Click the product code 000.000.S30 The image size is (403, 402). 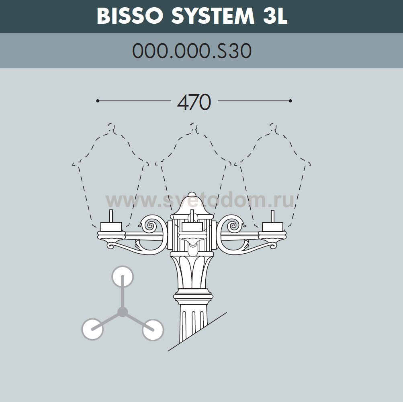coord(192,51)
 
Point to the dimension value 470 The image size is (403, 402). coord(194,103)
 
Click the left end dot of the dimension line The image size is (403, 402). coord(98,101)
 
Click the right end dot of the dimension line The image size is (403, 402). coord(290,101)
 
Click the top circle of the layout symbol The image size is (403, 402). coord(122,277)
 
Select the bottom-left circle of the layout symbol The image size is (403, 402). coord(92,330)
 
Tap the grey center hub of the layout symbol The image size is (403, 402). coord(123,312)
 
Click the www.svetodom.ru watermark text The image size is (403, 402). coord(200,200)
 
